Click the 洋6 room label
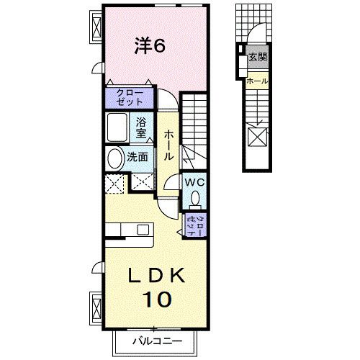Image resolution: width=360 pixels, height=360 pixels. pyautogui.click(x=150, y=45)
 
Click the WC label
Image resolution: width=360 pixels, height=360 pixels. pyautogui.click(x=194, y=182)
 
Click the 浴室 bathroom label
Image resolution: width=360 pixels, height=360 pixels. pyautogui.click(x=142, y=127)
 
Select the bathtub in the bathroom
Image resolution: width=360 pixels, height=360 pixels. pyautogui.click(x=117, y=127)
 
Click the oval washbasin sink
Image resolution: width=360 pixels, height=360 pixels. pyautogui.click(x=114, y=158)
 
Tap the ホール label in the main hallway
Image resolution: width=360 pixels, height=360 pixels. pyautogui.click(x=168, y=144)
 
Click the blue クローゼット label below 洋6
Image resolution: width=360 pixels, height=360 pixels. pyautogui.click(x=130, y=96)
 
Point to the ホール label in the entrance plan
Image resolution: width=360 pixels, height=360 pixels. pyautogui.click(x=257, y=81)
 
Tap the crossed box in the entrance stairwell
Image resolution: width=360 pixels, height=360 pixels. pyautogui.click(x=257, y=136)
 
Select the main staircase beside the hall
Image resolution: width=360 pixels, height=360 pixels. pyautogui.click(x=194, y=130)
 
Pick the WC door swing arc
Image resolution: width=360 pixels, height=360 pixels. pyautogui.click(x=171, y=184)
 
